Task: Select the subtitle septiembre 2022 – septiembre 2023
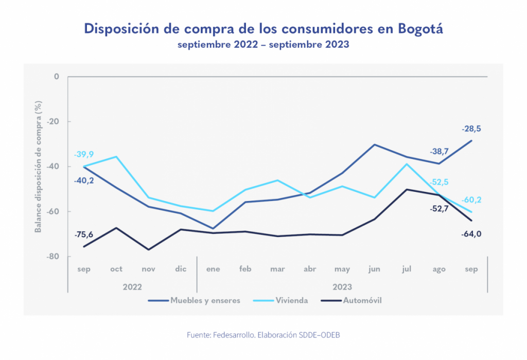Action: (263, 45)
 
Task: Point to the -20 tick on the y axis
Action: (52, 122)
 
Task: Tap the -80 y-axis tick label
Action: (52, 257)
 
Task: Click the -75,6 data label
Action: (83, 235)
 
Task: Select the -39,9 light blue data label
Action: (83, 154)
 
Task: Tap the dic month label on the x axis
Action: (180, 269)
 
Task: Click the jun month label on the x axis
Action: (375, 269)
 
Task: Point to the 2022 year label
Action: (132, 286)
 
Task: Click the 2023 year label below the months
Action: (342, 286)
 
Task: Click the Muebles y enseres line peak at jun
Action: (375, 145)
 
